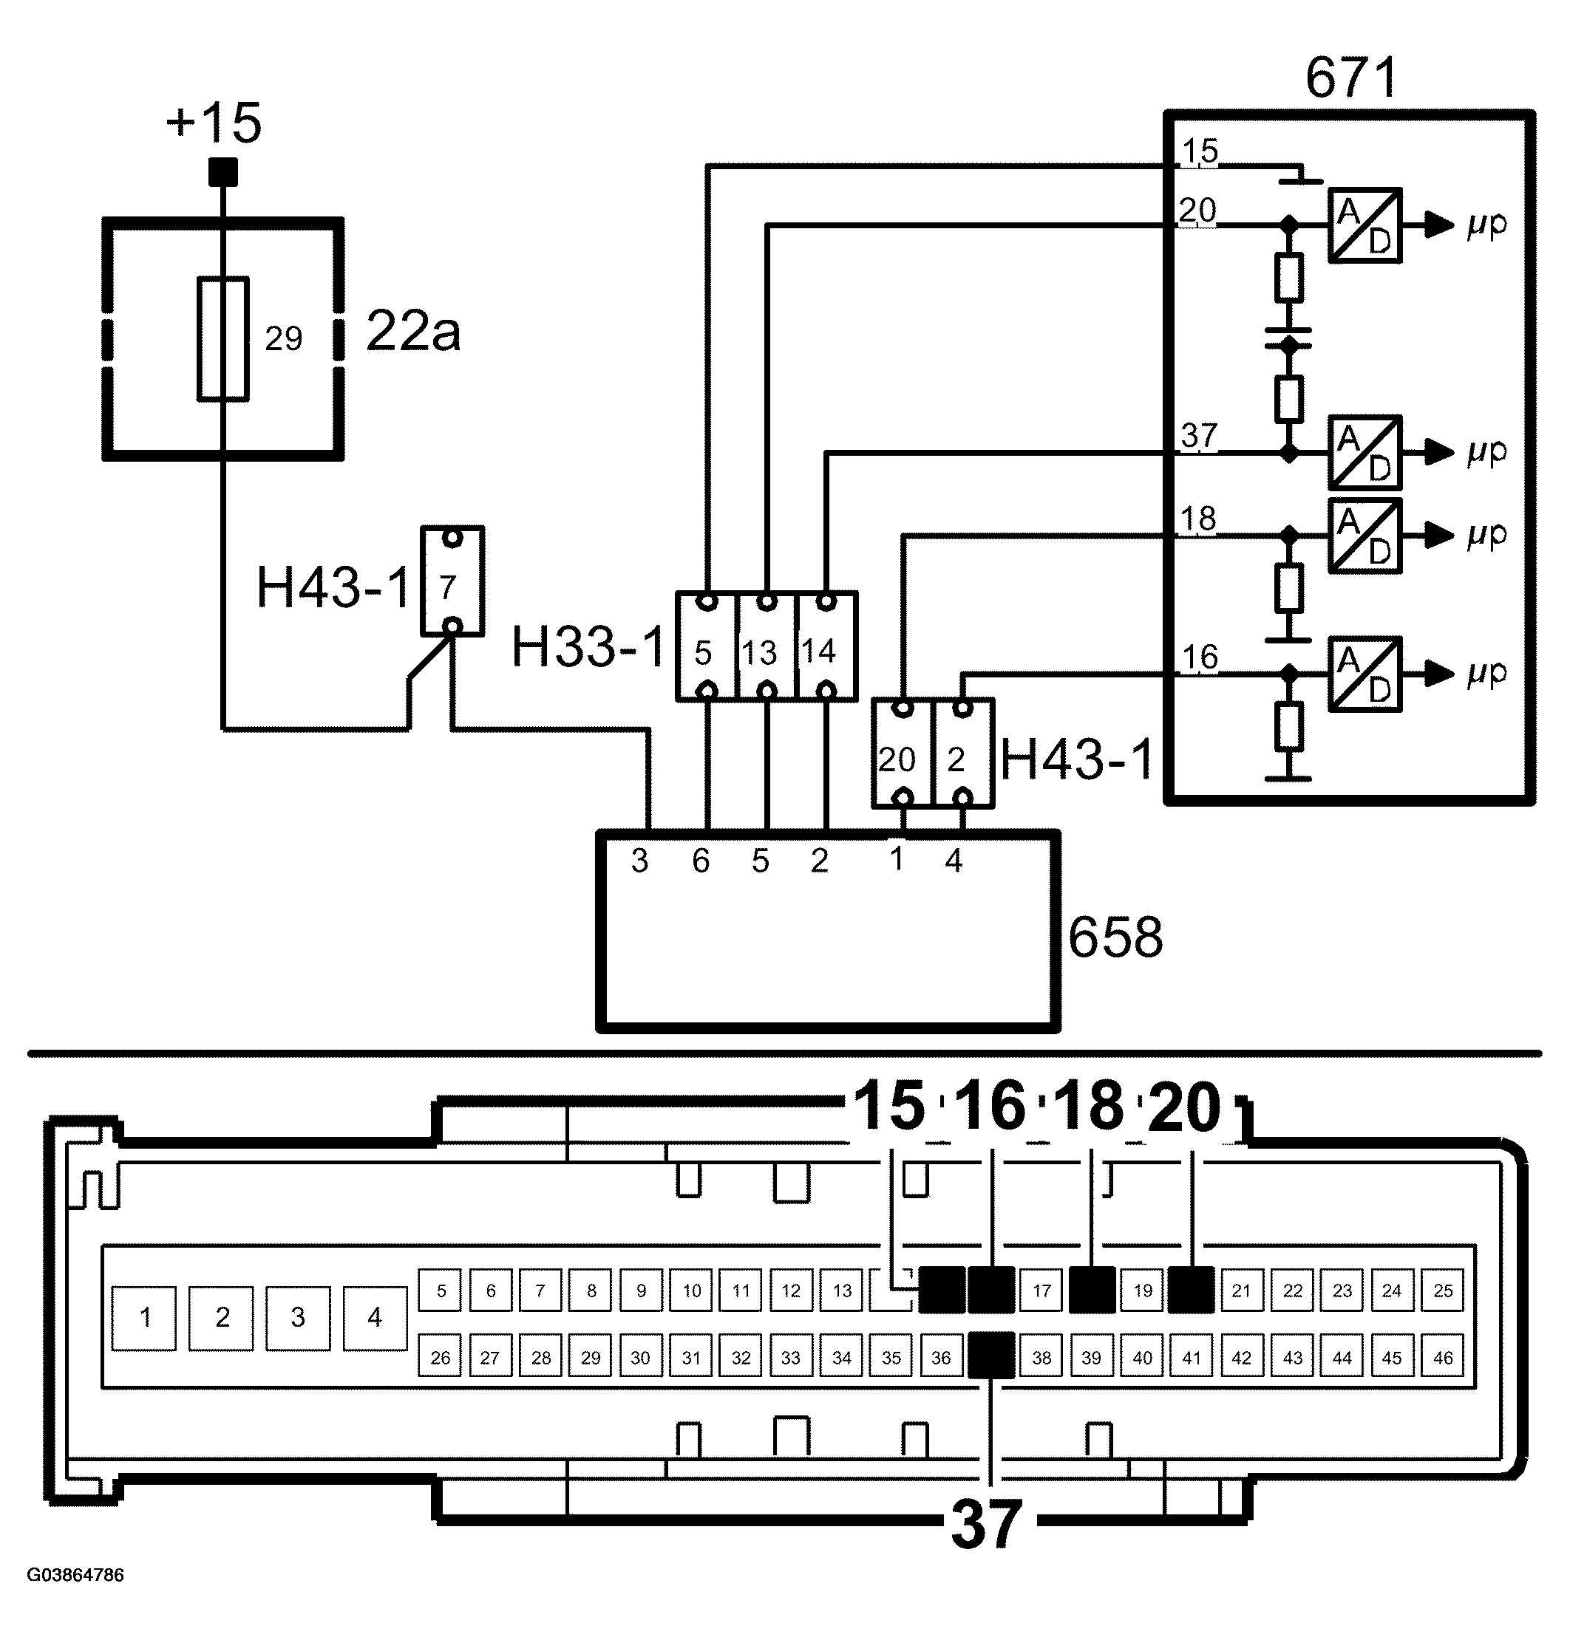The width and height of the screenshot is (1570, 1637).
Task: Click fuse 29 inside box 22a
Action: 223,339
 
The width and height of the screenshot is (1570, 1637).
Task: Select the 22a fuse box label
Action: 412,332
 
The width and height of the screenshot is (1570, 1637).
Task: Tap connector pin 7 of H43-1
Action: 452,581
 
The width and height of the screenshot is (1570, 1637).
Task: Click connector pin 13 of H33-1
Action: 767,646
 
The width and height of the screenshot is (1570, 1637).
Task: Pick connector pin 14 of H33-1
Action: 826,646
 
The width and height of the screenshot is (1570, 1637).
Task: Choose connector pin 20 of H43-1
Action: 903,753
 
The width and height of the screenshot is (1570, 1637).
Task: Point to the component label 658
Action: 1115,937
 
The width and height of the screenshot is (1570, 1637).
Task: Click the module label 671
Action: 1351,78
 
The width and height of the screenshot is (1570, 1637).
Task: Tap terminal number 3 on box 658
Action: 639,861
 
